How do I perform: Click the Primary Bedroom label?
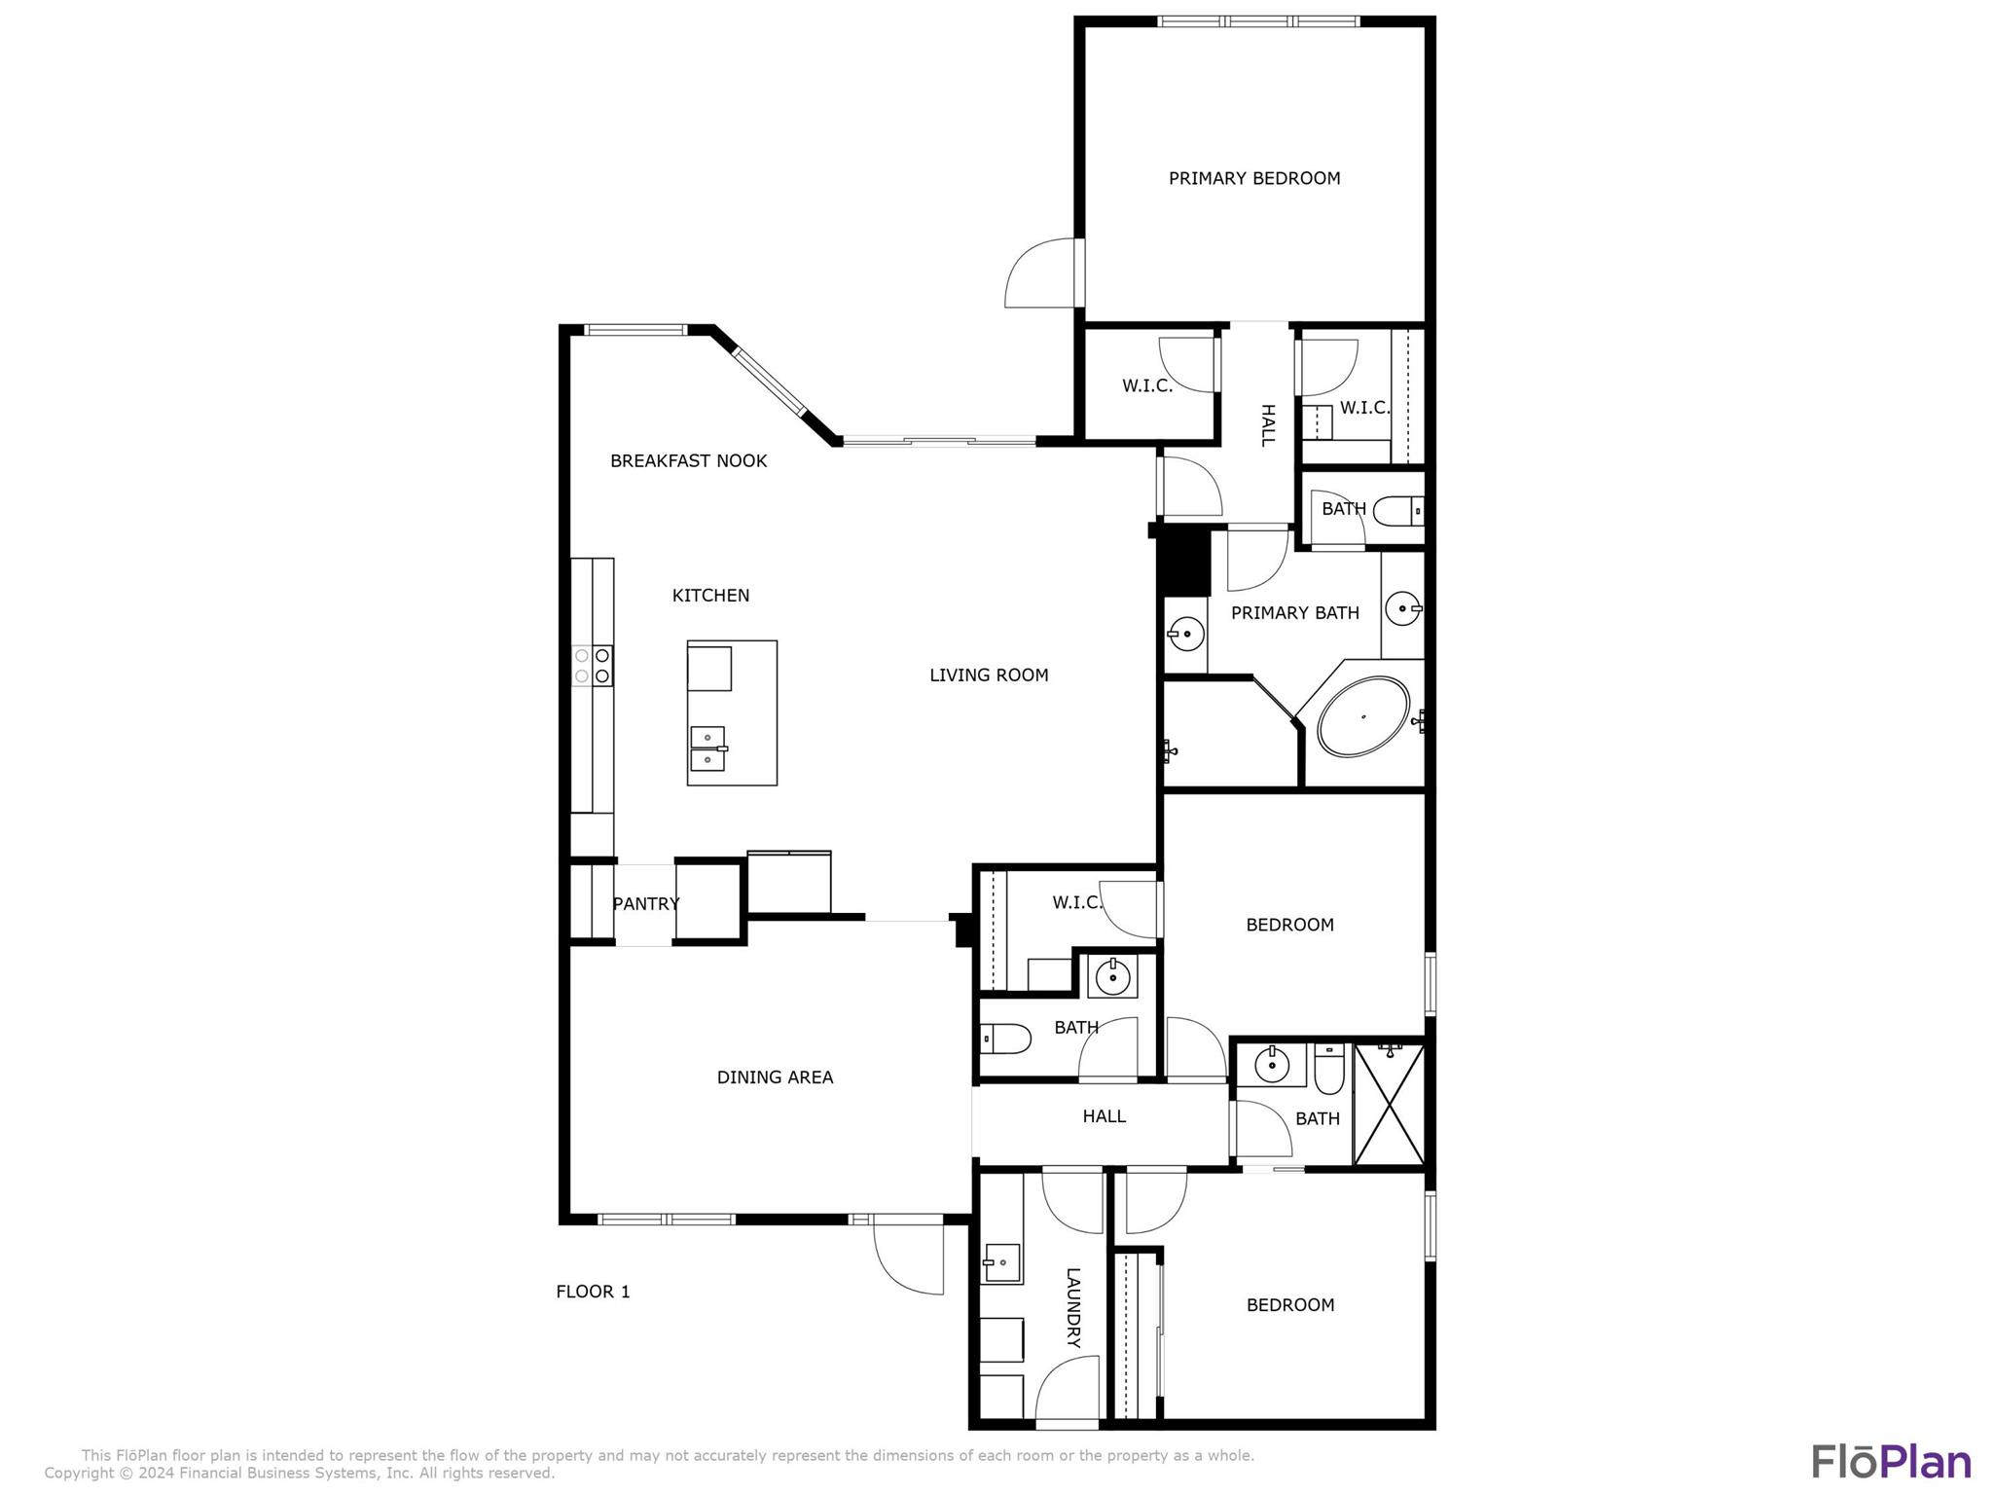coord(1254,178)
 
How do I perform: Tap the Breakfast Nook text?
coord(688,461)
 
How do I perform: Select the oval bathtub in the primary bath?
coord(1363,716)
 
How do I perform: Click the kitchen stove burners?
coord(592,666)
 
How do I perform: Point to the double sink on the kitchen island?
coord(708,748)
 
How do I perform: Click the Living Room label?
coord(989,675)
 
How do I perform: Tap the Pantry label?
coord(646,904)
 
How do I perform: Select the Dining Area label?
coord(775,1077)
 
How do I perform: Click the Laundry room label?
coord(1073,1307)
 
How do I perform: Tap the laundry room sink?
coord(1002,1263)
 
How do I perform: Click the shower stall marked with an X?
coord(1389,1105)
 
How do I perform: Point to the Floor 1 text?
coord(593,1292)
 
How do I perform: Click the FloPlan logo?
coord(1891,1462)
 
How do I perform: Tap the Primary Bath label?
coord(1295,613)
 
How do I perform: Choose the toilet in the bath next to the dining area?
coord(1005,1039)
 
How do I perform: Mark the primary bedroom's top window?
coord(1258,21)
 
